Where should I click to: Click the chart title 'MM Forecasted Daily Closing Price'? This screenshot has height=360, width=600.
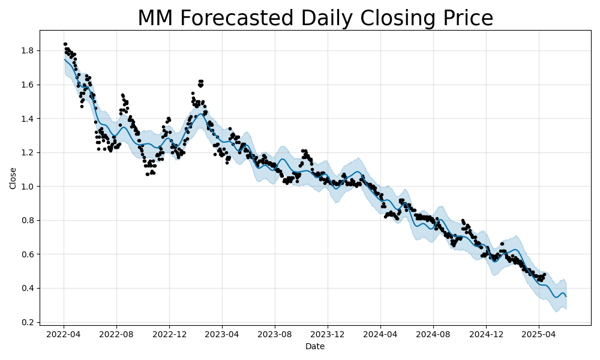pyautogui.click(x=315, y=18)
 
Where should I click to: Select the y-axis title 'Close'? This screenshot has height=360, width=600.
pyautogui.click(x=13, y=178)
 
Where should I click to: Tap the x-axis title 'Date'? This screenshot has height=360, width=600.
pyautogui.click(x=315, y=346)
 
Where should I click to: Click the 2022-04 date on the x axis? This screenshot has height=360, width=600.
pyautogui.click(x=64, y=334)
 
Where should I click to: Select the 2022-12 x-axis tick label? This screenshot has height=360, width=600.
pyautogui.click(x=169, y=334)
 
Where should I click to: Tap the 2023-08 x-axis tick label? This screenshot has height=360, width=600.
pyautogui.click(x=275, y=334)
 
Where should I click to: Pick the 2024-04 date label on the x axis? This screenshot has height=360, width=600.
pyautogui.click(x=380, y=334)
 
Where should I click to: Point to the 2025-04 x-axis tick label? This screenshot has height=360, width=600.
pyautogui.click(x=539, y=334)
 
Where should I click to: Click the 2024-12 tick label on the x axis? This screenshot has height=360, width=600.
pyautogui.click(x=486, y=334)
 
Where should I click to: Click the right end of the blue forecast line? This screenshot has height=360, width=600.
pyautogui.click(x=566, y=296)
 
